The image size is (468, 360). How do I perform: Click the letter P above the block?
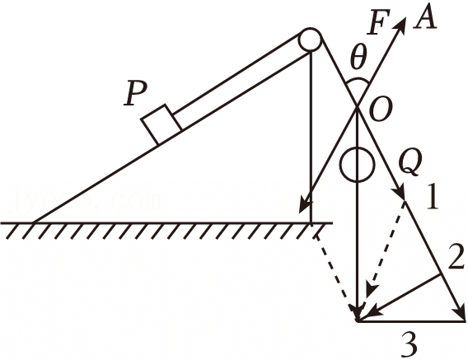click(x=136, y=93)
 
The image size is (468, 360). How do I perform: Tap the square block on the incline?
click(x=161, y=124)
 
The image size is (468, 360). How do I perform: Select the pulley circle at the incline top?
click(x=311, y=39)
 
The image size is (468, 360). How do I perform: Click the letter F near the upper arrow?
click(x=379, y=21)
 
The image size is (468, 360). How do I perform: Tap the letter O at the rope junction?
click(x=379, y=110)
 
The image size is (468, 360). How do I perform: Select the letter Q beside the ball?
click(x=410, y=162)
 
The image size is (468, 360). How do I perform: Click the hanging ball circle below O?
click(x=357, y=165)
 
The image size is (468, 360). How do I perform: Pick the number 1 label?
click(x=432, y=197)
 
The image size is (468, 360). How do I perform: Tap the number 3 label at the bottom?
click(x=409, y=344)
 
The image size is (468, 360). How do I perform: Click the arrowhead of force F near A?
click(x=400, y=24)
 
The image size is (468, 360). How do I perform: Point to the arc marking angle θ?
click(x=358, y=80)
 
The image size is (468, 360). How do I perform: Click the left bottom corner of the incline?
click(x=34, y=222)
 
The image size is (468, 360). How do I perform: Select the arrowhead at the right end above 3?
click(x=460, y=314)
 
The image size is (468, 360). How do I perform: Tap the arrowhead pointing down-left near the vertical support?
click(x=305, y=205)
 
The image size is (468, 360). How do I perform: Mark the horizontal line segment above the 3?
click(x=411, y=321)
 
